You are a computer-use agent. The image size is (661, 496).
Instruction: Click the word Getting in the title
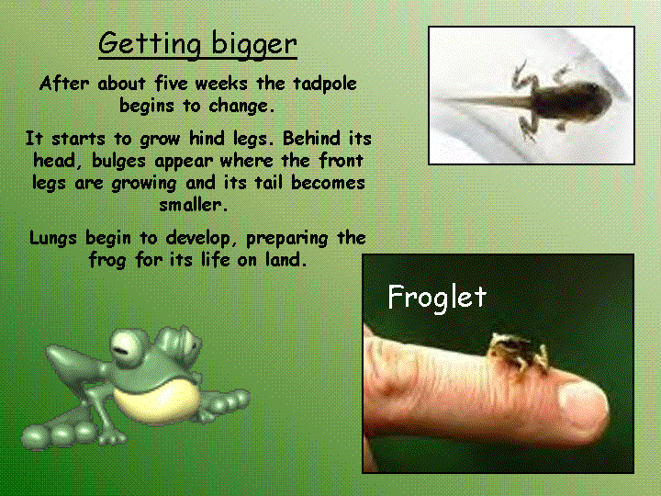point(150,44)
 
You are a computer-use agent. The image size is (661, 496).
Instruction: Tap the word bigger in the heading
point(254,44)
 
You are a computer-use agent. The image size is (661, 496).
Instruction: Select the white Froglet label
point(437,297)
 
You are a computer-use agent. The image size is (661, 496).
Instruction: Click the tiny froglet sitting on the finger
point(519,352)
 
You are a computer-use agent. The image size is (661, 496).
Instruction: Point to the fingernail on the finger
point(583,404)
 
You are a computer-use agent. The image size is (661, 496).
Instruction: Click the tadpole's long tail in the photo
point(483,102)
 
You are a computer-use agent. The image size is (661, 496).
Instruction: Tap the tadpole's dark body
point(570,101)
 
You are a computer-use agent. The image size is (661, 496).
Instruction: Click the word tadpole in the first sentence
point(325,84)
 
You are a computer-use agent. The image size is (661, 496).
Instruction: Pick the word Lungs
point(53,239)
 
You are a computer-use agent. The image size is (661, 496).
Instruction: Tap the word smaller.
point(194,205)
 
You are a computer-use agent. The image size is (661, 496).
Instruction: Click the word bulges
point(118,162)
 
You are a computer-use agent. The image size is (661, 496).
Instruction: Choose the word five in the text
point(171,83)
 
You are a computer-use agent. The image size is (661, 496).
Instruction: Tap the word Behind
point(311,139)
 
